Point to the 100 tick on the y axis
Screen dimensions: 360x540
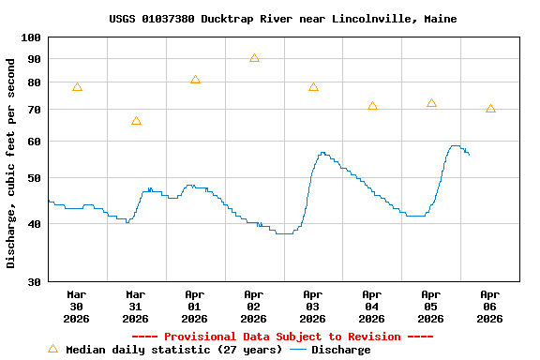point(31,37)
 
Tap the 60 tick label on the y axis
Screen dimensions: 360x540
point(34,142)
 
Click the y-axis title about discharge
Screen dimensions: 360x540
point(11,163)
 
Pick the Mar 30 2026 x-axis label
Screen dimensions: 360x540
point(76,306)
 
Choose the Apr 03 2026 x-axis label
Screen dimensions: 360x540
point(312,306)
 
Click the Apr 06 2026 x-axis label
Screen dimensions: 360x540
point(489,306)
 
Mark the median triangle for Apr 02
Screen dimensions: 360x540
point(254,58)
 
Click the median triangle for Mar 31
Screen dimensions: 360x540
point(136,121)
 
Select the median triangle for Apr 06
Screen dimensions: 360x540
point(490,109)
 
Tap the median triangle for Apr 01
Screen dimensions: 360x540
point(195,80)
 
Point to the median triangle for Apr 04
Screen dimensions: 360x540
point(372,106)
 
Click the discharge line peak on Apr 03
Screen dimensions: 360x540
point(322,152)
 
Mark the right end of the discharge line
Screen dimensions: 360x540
point(469,154)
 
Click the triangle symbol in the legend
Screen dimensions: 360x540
point(52,349)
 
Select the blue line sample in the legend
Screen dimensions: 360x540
point(298,350)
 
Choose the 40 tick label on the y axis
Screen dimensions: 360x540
point(34,223)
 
